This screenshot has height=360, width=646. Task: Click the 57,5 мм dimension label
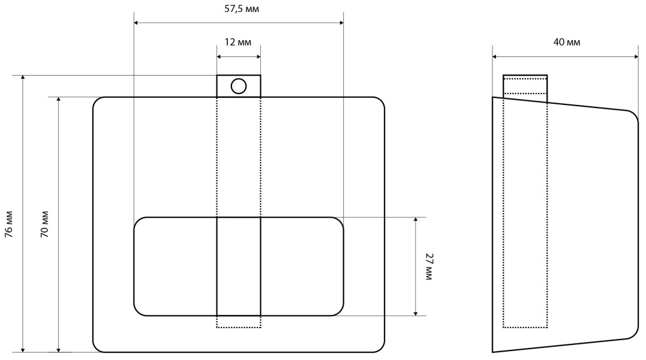242,8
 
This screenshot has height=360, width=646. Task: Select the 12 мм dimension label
238,42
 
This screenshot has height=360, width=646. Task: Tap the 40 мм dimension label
566,42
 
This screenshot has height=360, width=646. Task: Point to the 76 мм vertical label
8,224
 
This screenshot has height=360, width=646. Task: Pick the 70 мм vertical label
44,224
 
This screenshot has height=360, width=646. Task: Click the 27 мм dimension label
429,266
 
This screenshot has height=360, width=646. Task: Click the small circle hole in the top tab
239,86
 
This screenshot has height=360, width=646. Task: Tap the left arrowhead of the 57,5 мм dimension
136,23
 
